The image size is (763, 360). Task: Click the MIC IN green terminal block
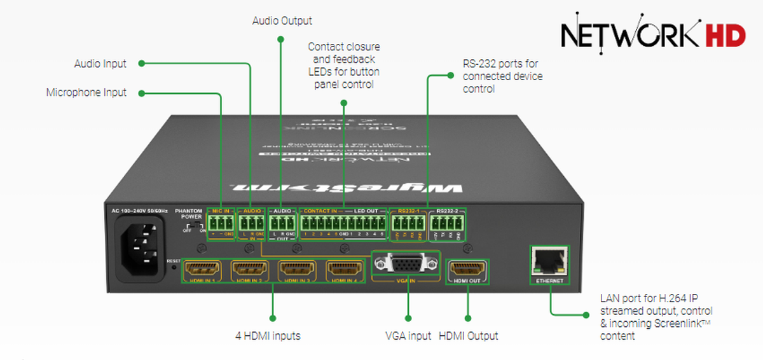coord(220,223)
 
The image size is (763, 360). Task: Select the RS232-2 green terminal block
coord(446,224)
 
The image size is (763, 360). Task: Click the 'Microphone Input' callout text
coord(86,93)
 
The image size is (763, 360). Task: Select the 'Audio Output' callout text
coord(282,20)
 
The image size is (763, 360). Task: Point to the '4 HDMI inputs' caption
coord(268,336)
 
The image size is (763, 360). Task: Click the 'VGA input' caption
coord(408,336)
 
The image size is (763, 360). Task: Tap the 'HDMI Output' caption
coord(469,336)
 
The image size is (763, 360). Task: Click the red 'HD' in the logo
coord(725,36)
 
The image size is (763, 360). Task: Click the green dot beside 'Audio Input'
coord(142,64)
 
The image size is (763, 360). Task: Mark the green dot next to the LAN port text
coord(585,314)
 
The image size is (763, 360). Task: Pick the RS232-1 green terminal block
coord(408,224)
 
